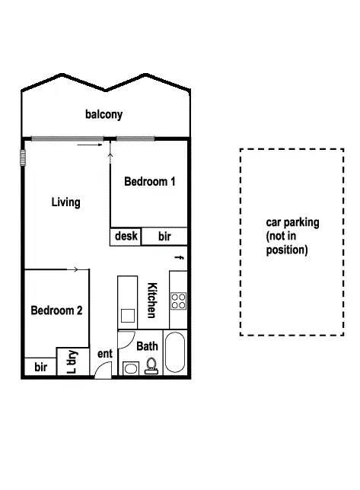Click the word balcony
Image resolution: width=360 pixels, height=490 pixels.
click(x=104, y=115)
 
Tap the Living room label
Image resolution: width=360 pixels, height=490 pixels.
click(x=65, y=202)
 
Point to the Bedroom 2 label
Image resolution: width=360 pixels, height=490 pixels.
click(x=56, y=310)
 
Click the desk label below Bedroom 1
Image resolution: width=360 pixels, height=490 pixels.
click(x=126, y=236)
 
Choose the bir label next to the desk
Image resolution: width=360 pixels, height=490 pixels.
click(x=164, y=237)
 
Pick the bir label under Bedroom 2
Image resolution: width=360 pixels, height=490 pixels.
click(x=40, y=367)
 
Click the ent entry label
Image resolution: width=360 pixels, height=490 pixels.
click(x=105, y=353)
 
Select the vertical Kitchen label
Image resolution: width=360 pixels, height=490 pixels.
click(x=151, y=301)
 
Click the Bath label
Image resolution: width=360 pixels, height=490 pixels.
click(x=148, y=346)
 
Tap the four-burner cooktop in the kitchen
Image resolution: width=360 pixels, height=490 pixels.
click(x=179, y=301)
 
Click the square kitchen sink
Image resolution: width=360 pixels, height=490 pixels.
click(x=127, y=315)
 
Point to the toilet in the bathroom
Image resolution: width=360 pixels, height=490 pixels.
click(x=151, y=367)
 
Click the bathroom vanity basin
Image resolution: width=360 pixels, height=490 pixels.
click(x=130, y=369)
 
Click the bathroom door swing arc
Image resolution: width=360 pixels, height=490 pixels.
click(x=126, y=339)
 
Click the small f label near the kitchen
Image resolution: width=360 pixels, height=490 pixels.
click(x=180, y=258)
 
